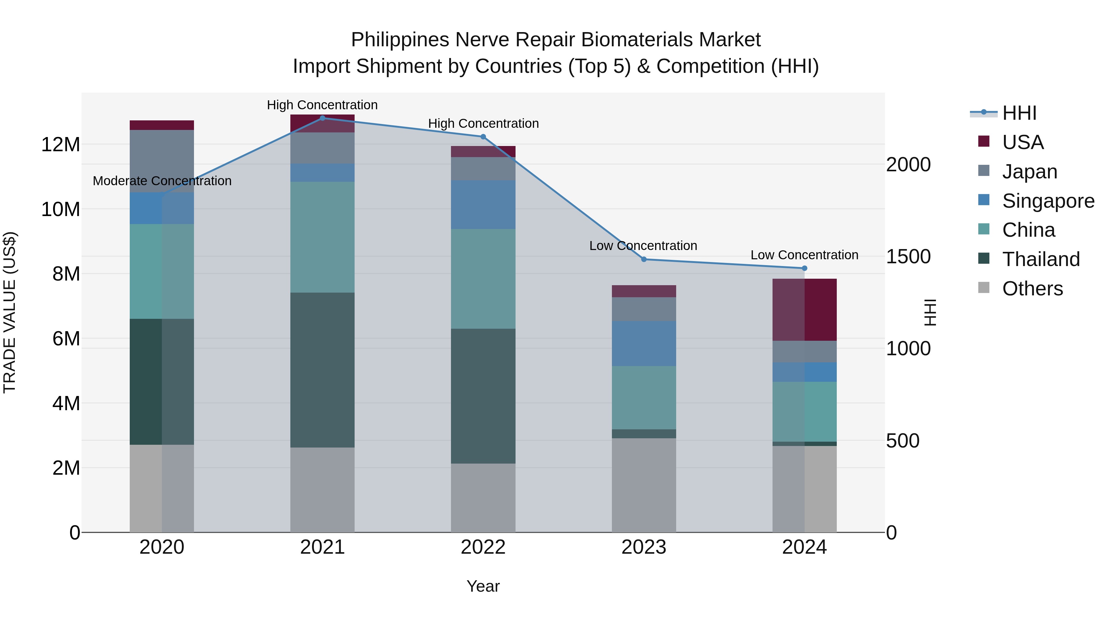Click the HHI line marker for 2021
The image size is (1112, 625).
322,118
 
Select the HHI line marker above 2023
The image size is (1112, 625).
644,259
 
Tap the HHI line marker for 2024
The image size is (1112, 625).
804,268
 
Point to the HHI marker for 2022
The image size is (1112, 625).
483,137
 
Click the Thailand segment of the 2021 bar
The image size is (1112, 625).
322,370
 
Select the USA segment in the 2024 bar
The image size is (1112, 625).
804,310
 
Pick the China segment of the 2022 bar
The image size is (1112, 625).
483,279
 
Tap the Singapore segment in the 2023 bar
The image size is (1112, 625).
644,343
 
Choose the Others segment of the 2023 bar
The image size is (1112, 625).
644,485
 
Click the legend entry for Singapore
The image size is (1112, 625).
1048,201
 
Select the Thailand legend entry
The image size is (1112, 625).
1041,259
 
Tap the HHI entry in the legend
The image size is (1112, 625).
1019,113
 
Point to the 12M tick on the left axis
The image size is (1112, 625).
61,144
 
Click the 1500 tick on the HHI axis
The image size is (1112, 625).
908,257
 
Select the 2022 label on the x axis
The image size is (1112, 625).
483,547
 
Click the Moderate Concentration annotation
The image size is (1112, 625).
162,181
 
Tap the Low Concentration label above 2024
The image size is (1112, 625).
804,255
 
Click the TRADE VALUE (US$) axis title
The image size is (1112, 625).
10,312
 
